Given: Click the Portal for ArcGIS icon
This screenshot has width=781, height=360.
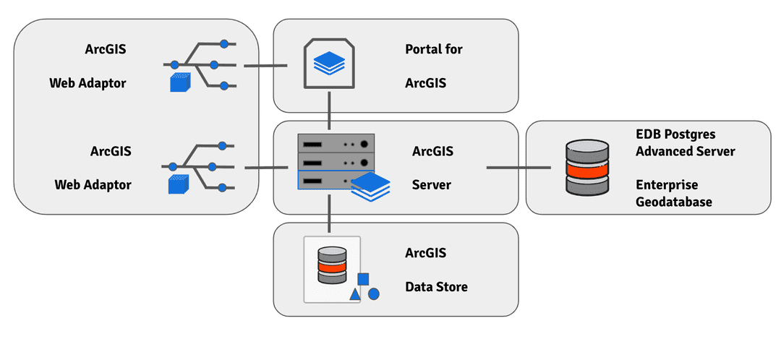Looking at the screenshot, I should pyautogui.click(x=329, y=65).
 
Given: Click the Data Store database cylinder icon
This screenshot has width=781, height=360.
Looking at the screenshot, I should pyautogui.click(x=332, y=265).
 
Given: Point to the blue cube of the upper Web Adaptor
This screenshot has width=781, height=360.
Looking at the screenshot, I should pyautogui.click(x=179, y=82).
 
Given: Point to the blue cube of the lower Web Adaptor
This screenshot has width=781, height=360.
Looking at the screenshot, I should pyautogui.click(x=178, y=184).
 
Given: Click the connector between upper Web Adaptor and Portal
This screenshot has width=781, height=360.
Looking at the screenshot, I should pyautogui.click(x=265, y=66).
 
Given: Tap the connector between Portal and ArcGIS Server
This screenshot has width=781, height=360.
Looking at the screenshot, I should pyautogui.click(x=330, y=111).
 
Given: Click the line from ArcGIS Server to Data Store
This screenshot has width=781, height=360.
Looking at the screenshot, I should pyautogui.click(x=330, y=214).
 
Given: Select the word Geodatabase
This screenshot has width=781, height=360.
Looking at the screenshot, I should pyautogui.click(x=674, y=202).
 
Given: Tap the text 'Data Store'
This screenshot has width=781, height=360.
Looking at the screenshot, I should pyautogui.click(x=436, y=287).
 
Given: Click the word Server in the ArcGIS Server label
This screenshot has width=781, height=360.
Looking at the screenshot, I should pyautogui.click(x=432, y=185).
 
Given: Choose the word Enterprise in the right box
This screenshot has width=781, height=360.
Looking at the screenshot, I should pyautogui.click(x=667, y=185).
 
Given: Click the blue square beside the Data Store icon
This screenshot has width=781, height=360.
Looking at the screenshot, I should pyautogui.click(x=364, y=279).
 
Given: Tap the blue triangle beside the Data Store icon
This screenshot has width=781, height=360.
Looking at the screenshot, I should pyautogui.click(x=355, y=294).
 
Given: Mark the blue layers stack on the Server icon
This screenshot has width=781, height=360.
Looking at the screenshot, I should pyautogui.click(x=370, y=187).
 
